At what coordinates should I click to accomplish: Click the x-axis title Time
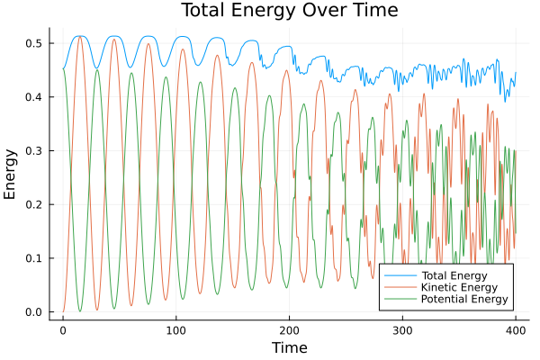click(289, 348)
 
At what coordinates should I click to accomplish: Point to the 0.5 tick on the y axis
click(35, 43)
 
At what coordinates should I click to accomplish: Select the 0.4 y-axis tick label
click(35, 97)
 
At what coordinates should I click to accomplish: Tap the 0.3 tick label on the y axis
click(35, 150)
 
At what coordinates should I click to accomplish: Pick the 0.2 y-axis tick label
click(35, 204)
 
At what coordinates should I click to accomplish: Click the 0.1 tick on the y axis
click(35, 258)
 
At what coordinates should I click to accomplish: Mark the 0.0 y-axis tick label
click(35, 312)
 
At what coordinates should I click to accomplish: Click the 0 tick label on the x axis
click(63, 328)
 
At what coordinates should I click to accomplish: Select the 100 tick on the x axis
click(175, 328)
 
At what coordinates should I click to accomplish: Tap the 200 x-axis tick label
click(289, 328)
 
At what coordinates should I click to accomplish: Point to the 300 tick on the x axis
click(401, 328)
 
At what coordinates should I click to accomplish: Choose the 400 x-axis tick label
click(515, 328)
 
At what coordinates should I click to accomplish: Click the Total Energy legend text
click(454, 274)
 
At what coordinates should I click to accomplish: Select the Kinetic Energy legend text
click(457, 287)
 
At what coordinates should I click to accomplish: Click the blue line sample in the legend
click(396, 274)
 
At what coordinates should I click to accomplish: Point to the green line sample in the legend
click(396, 299)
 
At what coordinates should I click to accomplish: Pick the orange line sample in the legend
click(396, 287)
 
